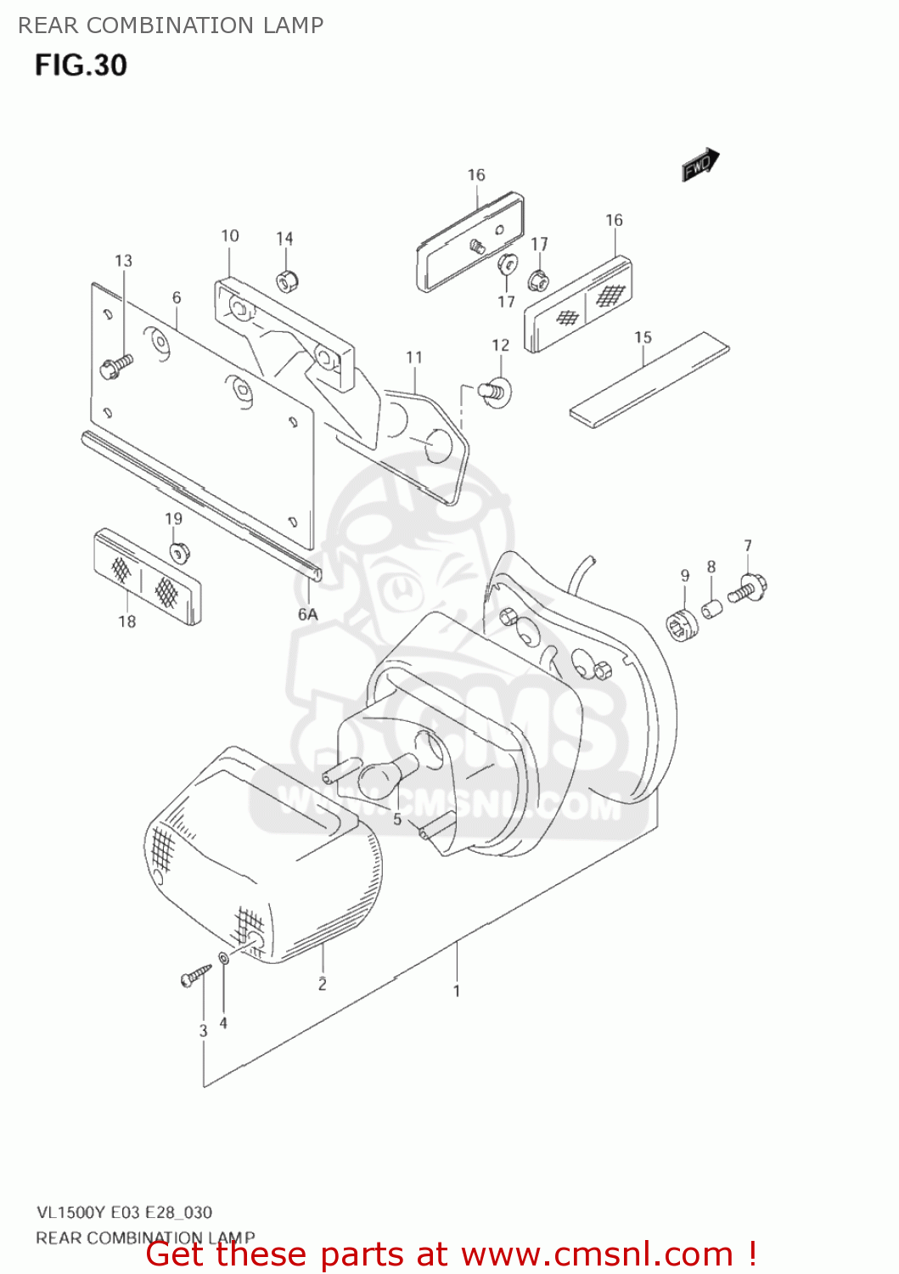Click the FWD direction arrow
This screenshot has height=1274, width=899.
point(700,165)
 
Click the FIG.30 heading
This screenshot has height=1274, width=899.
point(81,65)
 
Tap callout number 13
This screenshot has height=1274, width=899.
point(123,261)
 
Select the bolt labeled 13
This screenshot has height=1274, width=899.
point(116,366)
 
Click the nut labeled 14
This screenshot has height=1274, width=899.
point(286,279)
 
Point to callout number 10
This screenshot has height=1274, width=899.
point(230,236)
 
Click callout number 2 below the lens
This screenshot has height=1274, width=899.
point(323,984)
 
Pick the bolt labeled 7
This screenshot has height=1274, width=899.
point(748,588)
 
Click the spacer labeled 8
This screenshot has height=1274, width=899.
point(711,609)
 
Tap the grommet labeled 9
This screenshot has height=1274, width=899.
point(682,626)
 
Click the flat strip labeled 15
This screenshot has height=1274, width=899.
point(649,380)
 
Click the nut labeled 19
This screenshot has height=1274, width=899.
point(178,552)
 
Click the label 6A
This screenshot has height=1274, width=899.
point(307,614)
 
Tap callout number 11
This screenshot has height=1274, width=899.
point(413,358)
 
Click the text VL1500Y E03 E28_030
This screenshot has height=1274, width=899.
point(124,1212)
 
